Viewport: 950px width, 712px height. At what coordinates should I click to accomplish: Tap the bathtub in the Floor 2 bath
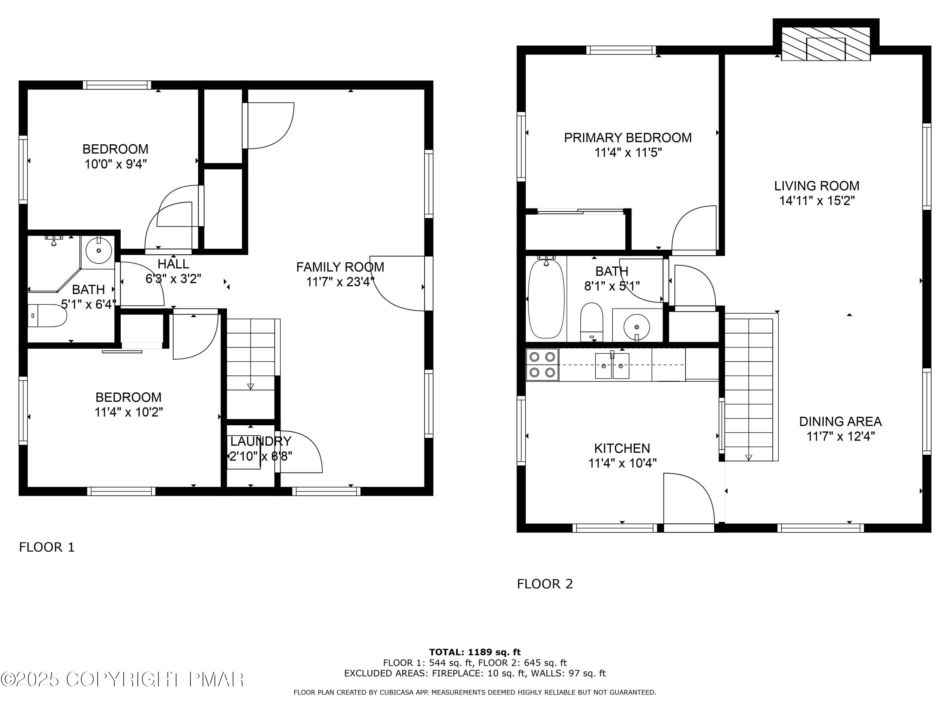(545, 299)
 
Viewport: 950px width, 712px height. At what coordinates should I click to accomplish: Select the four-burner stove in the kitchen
(542, 365)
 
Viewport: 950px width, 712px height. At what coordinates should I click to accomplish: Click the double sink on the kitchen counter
(612, 366)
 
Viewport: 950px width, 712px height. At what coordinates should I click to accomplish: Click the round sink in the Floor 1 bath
(99, 250)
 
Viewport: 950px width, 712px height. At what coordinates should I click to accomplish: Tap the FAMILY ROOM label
(340, 267)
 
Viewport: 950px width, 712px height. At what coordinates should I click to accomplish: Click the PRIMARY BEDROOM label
(627, 138)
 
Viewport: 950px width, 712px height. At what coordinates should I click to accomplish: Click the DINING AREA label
(840, 422)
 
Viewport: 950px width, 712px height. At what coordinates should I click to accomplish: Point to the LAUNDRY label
(261, 441)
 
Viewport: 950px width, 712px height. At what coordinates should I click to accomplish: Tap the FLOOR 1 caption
(47, 547)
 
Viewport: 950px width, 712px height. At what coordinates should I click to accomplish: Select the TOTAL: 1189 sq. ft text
(475, 652)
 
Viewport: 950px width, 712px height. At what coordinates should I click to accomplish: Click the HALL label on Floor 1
(173, 264)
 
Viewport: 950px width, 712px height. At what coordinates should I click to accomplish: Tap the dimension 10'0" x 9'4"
(116, 164)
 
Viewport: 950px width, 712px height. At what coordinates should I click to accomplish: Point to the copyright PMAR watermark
(123, 679)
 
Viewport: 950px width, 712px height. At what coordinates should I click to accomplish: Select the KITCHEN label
(622, 448)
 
